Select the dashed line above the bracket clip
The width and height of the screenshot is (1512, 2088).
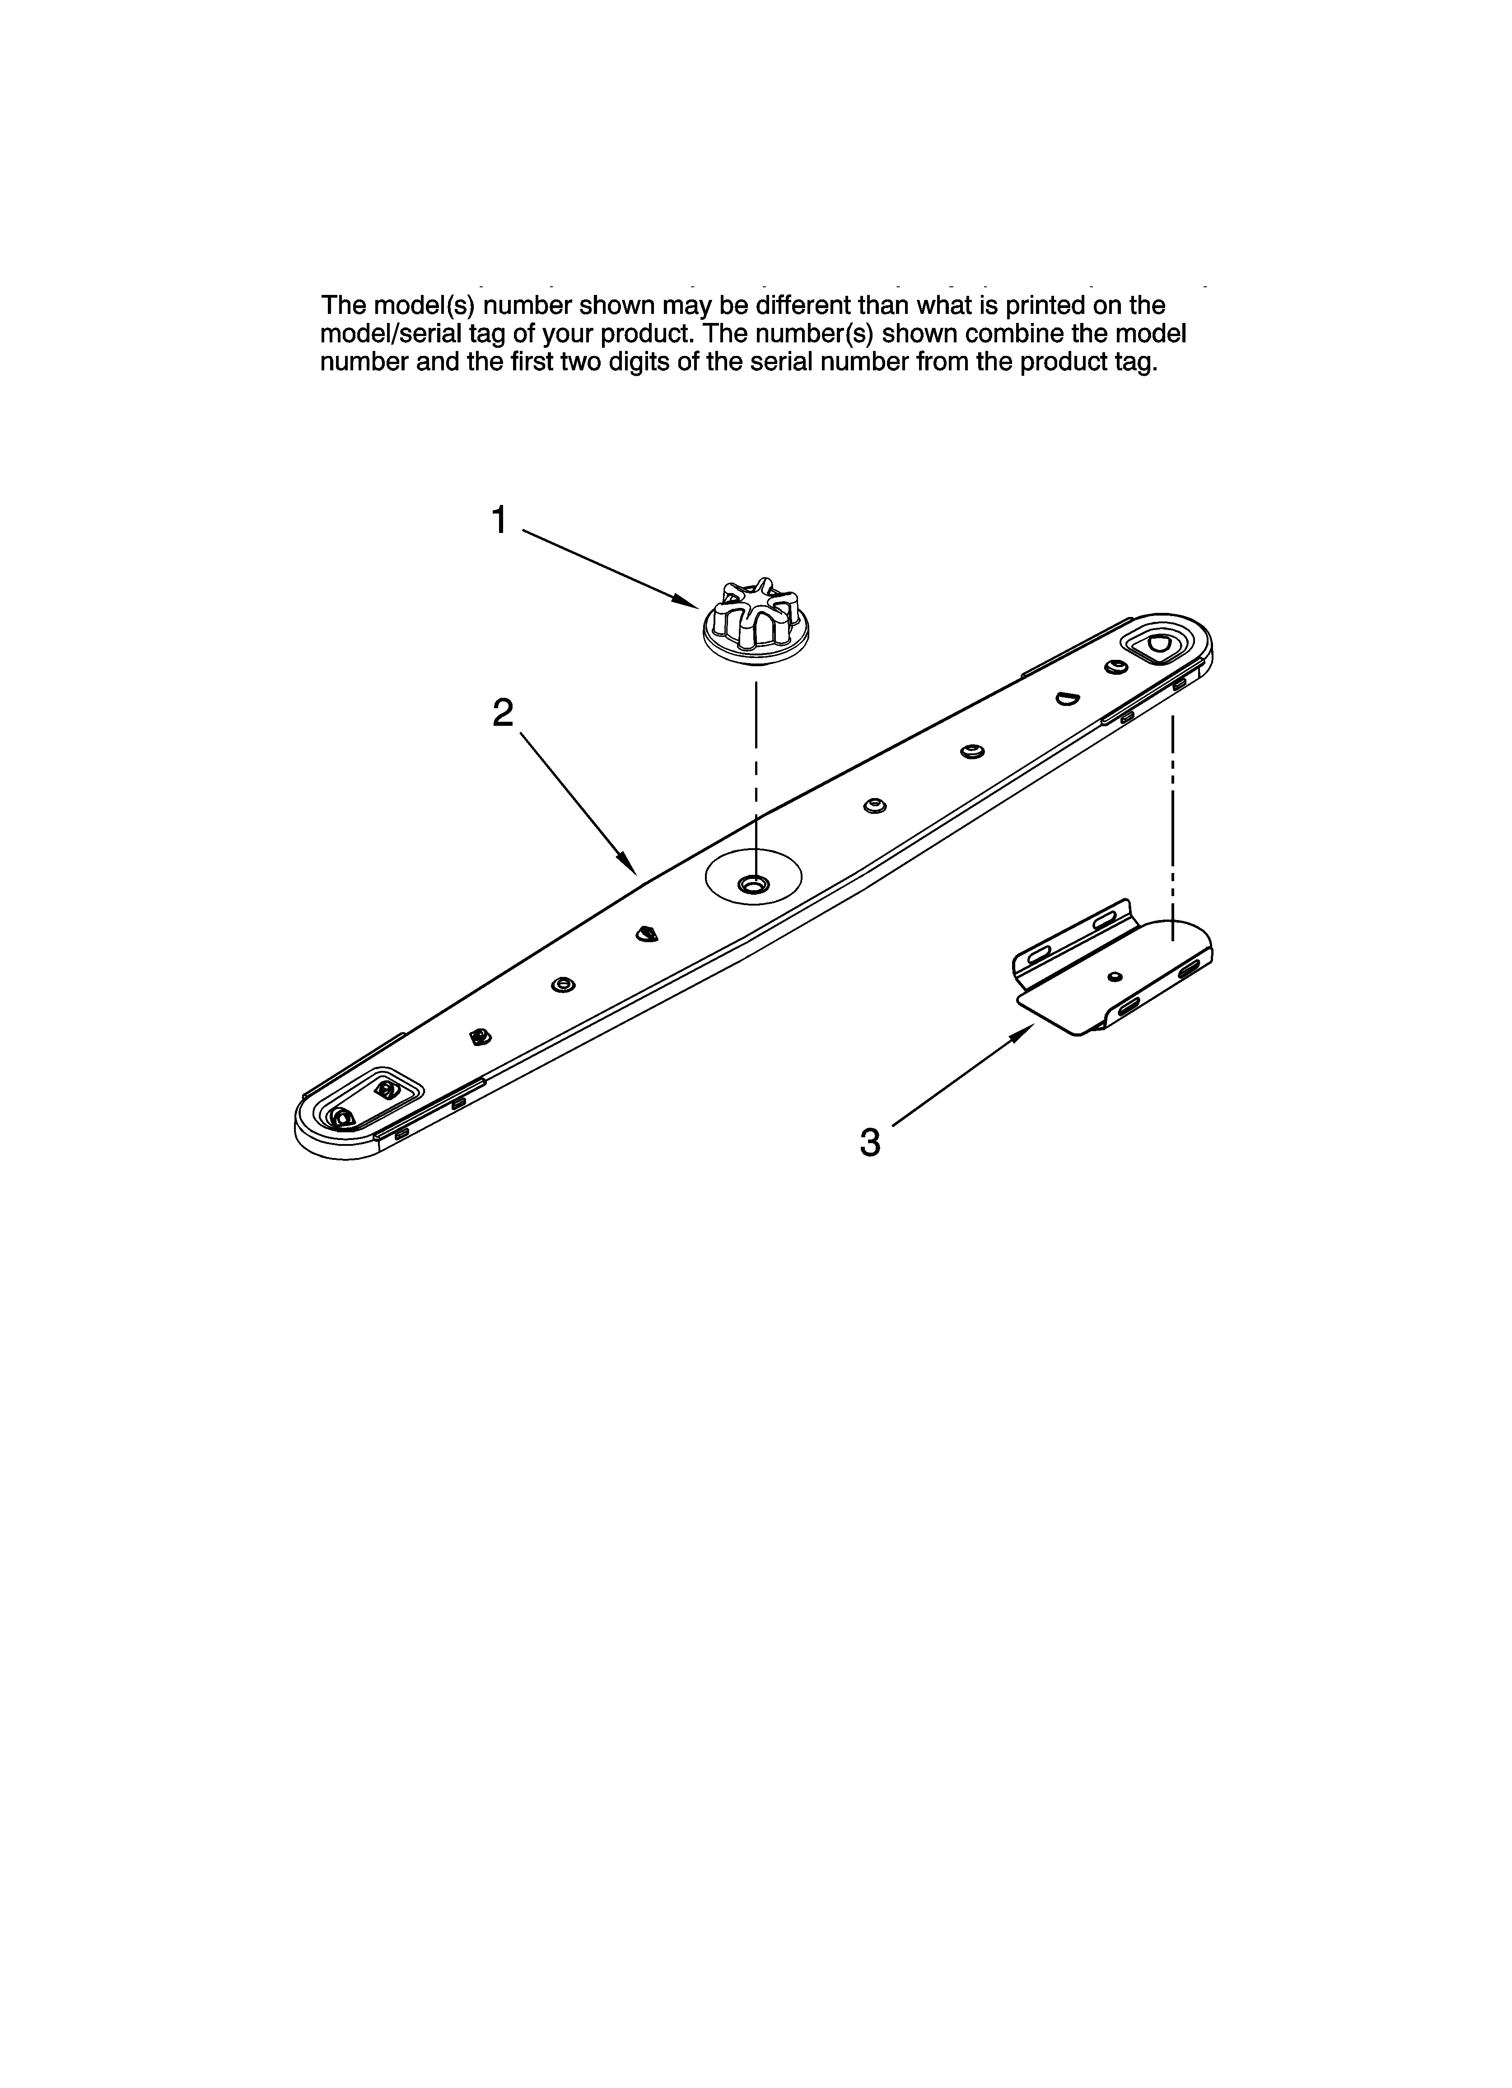point(1172,819)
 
